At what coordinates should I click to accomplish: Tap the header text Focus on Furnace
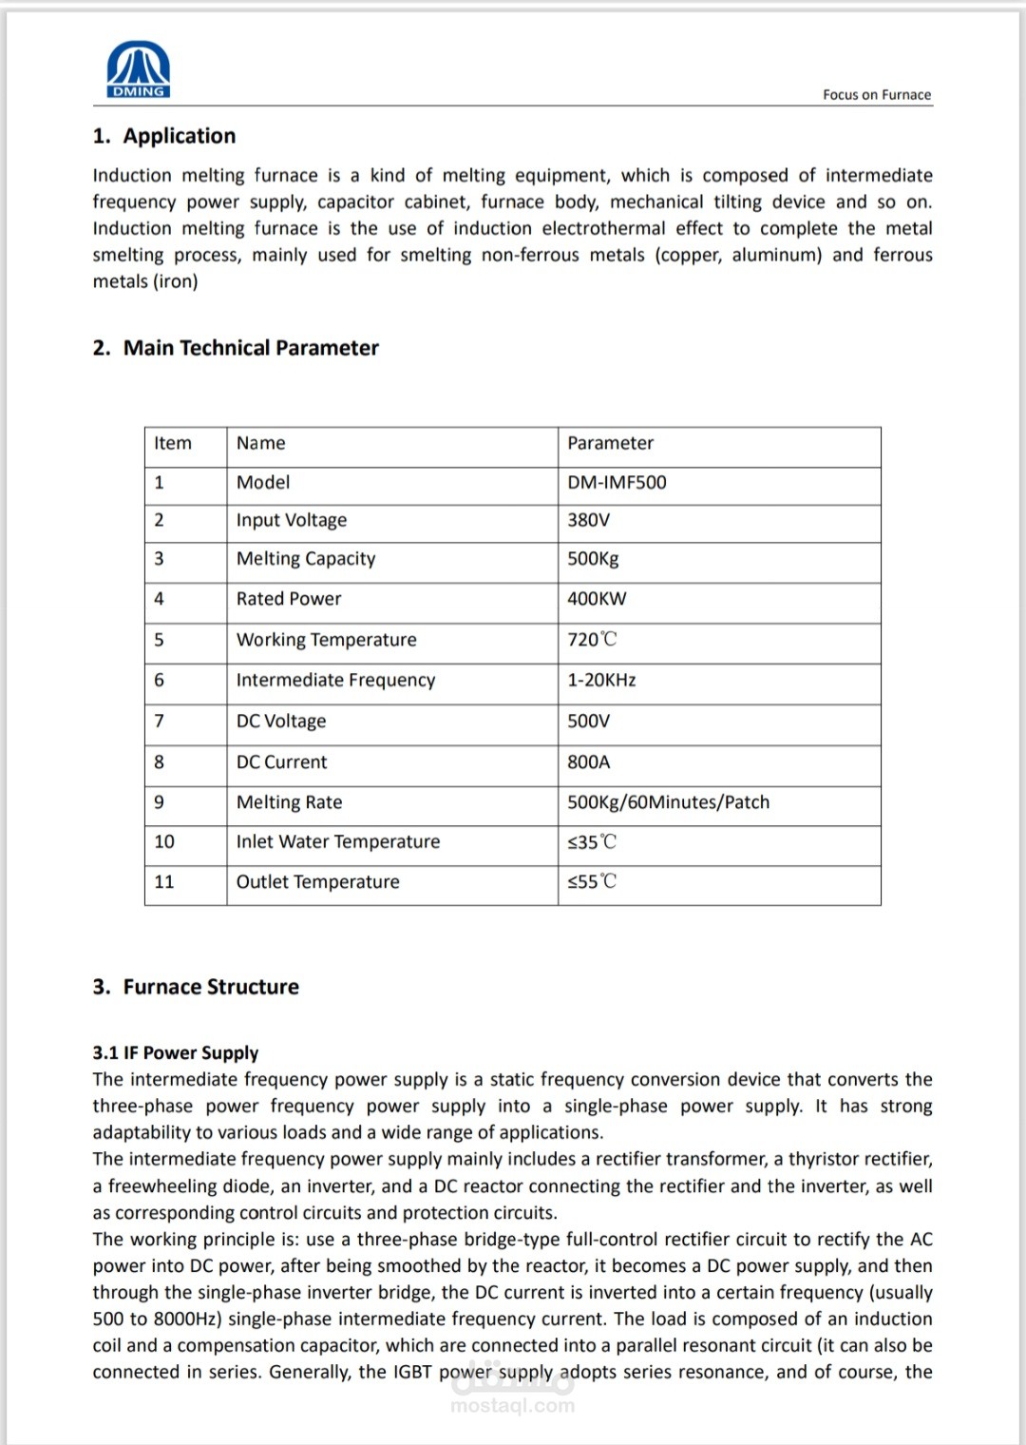pos(876,94)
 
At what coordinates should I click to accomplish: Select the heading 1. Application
pos(163,136)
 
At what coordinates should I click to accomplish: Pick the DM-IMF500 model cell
pos(617,482)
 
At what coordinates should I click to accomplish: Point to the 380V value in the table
pos(588,520)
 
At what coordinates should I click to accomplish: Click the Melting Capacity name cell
pos(306,559)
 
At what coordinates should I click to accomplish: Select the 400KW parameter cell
pos(597,599)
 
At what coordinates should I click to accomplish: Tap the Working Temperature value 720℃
pos(592,640)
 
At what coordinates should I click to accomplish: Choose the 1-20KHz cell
pos(601,680)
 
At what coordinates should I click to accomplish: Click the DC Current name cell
pos(281,761)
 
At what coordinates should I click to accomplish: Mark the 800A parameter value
pos(589,761)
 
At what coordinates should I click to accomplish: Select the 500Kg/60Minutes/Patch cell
pos(668,802)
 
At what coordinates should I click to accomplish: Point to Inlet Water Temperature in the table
pos(338,841)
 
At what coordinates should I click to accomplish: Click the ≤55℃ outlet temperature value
pos(592,882)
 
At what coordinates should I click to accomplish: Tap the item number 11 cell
pos(164,882)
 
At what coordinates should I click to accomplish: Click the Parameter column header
pos(610,443)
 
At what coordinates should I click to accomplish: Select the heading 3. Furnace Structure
pos(196,987)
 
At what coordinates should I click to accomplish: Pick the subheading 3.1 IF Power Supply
pos(176,1052)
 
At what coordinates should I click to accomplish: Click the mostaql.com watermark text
pos(513,1405)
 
